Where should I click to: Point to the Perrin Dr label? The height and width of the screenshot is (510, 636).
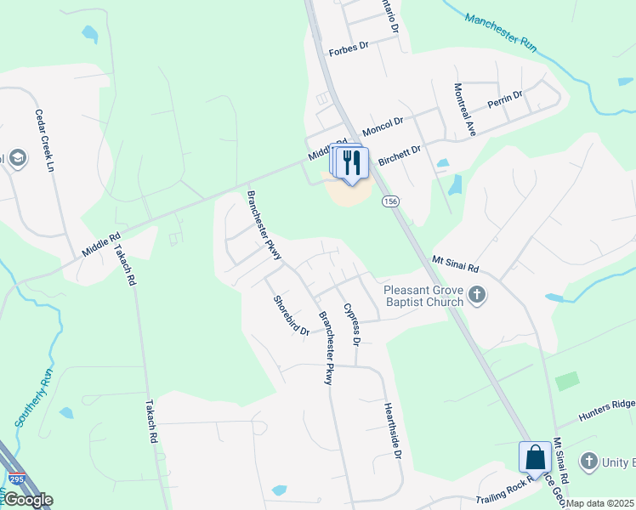click(505, 99)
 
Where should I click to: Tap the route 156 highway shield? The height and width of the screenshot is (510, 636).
click(390, 201)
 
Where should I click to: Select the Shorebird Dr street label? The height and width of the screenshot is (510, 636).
click(291, 315)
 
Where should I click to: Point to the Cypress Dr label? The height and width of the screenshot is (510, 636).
click(351, 325)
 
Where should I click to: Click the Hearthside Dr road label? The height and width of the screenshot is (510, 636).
click(392, 431)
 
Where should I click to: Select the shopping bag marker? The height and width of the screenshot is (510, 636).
click(535, 457)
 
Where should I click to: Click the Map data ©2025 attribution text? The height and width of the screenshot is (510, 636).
click(600, 503)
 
